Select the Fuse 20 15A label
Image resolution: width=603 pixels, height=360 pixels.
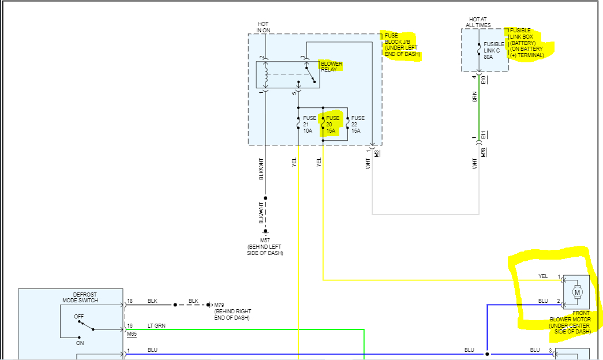coord(333,124)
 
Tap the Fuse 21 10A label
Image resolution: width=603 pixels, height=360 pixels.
coord(310,124)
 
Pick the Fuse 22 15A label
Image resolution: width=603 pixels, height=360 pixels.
coord(358,124)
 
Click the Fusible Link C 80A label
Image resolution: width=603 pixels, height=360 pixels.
coord(494,50)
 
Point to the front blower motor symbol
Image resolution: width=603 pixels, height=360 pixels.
coord(578,292)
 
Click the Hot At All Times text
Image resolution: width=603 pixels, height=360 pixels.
coord(478,22)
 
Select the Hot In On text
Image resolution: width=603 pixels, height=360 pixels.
coord(263,27)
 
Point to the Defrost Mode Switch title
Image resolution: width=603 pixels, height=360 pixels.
coord(80,297)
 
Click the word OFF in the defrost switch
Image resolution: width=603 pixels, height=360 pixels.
coord(78,317)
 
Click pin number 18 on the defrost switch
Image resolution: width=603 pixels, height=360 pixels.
coord(130,301)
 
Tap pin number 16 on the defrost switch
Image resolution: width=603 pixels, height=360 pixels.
coord(130,326)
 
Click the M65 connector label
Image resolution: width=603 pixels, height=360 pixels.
coord(132,333)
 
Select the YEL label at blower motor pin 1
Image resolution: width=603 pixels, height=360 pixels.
coord(542,276)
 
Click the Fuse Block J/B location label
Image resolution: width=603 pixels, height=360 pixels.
coord(403,45)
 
